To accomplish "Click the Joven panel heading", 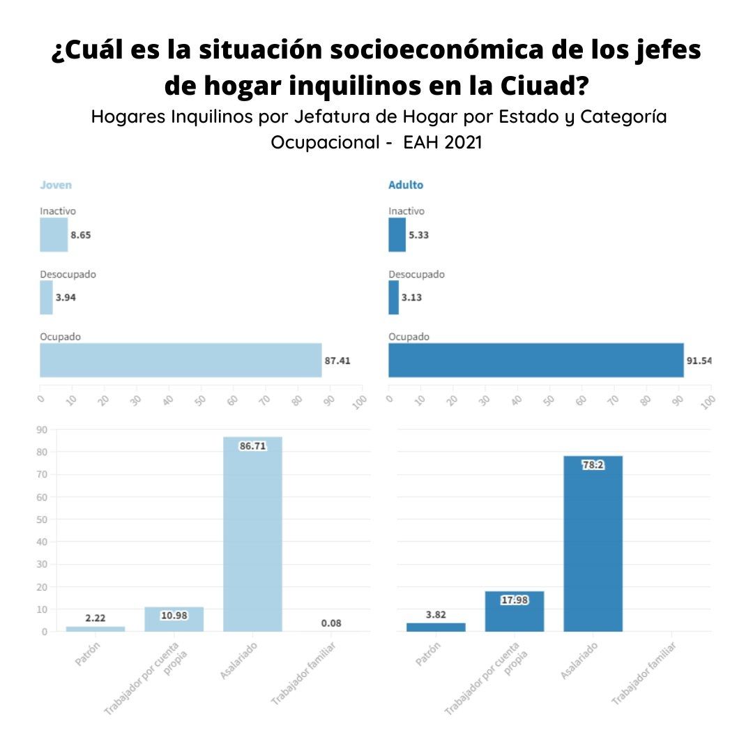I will pyautogui.click(x=56, y=185).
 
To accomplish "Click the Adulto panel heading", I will pyautogui.click(x=406, y=185).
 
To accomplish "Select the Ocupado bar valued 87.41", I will pyautogui.click(x=181, y=360).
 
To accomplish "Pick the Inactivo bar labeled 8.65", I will pyautogui.click(x=54, y=235).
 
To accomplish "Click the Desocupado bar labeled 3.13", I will pyautogui.click(x=394, y=298).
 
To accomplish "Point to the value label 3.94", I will pyautogui.click(x=66, y=298).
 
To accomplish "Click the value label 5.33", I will pyautogui.click(x=419, y=235).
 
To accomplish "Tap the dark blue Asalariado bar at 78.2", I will pyautogui.click(x=593, y=544).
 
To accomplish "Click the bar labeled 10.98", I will pyautogui.click(x=174, y=619).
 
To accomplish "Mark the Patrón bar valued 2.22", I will pyautogui.click(x=96, y=629).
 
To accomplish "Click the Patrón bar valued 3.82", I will pyautogui.click(x=436, y=627).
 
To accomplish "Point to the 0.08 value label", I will pyautogui.click(x=331, y=623).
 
